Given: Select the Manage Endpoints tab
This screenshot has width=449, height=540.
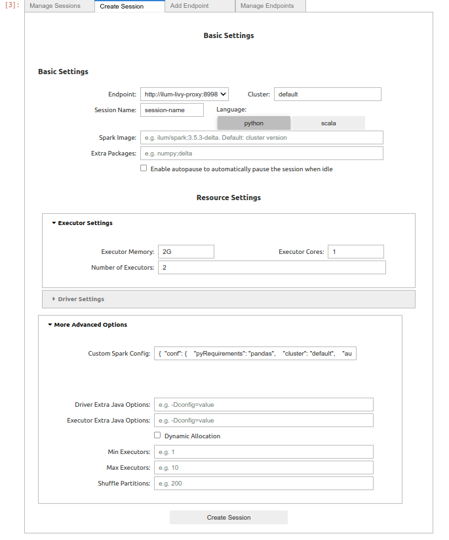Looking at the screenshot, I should tap(267, 6).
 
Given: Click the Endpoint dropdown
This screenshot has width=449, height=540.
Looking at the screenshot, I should tap(184, 94).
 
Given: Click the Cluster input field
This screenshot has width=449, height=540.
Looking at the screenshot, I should tap(327, 94).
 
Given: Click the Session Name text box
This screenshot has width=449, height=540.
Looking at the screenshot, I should tap(172, 110).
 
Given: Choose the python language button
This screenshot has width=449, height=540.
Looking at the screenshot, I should tap(254, 123).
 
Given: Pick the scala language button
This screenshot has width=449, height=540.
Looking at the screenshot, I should tap(328, 123).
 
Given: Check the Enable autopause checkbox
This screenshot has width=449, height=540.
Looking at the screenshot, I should tap(144, 168).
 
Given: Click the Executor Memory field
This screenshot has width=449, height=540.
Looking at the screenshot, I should tap(186, 252).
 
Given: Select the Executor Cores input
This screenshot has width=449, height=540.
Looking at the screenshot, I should tap(356, 252).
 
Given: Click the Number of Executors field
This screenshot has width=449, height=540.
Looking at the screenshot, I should tap(271, 268).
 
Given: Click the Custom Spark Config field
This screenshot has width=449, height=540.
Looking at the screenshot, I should tap(255, 354).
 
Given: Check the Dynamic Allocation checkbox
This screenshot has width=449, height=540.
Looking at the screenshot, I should tap(157, 435).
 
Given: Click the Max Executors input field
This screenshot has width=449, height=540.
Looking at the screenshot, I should tap(264, 468).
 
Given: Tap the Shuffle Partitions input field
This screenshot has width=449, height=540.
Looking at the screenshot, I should tap(264, 484).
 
